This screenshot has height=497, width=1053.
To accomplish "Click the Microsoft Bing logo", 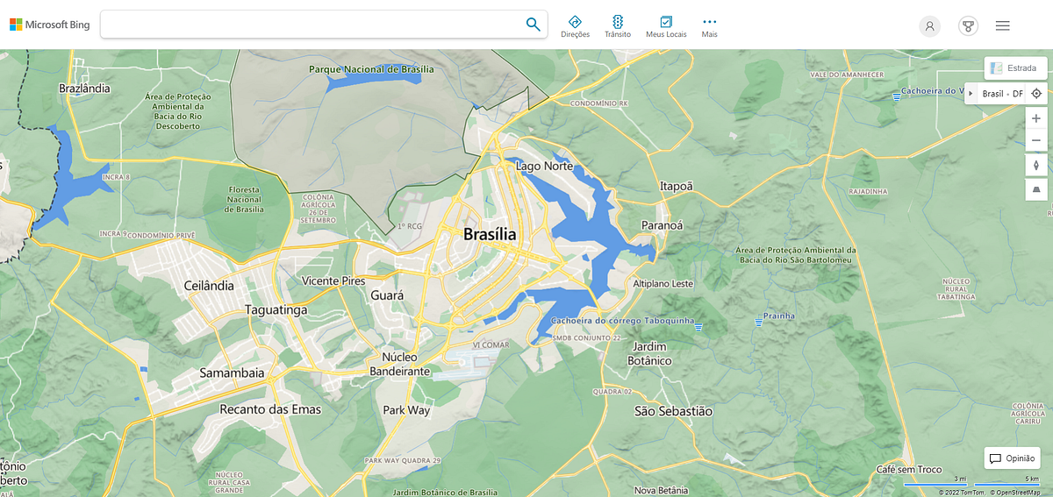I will pos(50,25).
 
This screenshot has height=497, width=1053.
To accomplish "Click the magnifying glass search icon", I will pos(533,25).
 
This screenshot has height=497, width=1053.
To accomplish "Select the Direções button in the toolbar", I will pos(575,25).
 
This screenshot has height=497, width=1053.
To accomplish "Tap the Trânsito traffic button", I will pos(618,25).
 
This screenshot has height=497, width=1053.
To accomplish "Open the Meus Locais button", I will pos(666,25).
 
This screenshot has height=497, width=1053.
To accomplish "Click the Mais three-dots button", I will pos(710,25).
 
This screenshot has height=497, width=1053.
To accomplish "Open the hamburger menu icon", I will pos(1002,25).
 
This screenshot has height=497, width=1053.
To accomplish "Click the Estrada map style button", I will pos(1015,67).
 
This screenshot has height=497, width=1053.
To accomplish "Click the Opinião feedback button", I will pos(1012,458).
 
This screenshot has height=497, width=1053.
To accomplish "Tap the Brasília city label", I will pos(490,234).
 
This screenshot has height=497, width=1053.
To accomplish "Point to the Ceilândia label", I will pos(210,286).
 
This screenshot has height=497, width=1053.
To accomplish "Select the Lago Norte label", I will pos(544,166).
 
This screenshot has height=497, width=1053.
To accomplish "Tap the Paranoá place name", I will pos(662,225).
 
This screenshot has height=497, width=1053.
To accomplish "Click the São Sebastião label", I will pos(673,410).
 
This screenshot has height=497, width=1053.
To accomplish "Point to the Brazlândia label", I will pos(84,88).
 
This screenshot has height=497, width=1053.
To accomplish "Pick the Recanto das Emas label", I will pos(270,409).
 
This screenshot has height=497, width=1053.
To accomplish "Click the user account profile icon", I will pos(929,25).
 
